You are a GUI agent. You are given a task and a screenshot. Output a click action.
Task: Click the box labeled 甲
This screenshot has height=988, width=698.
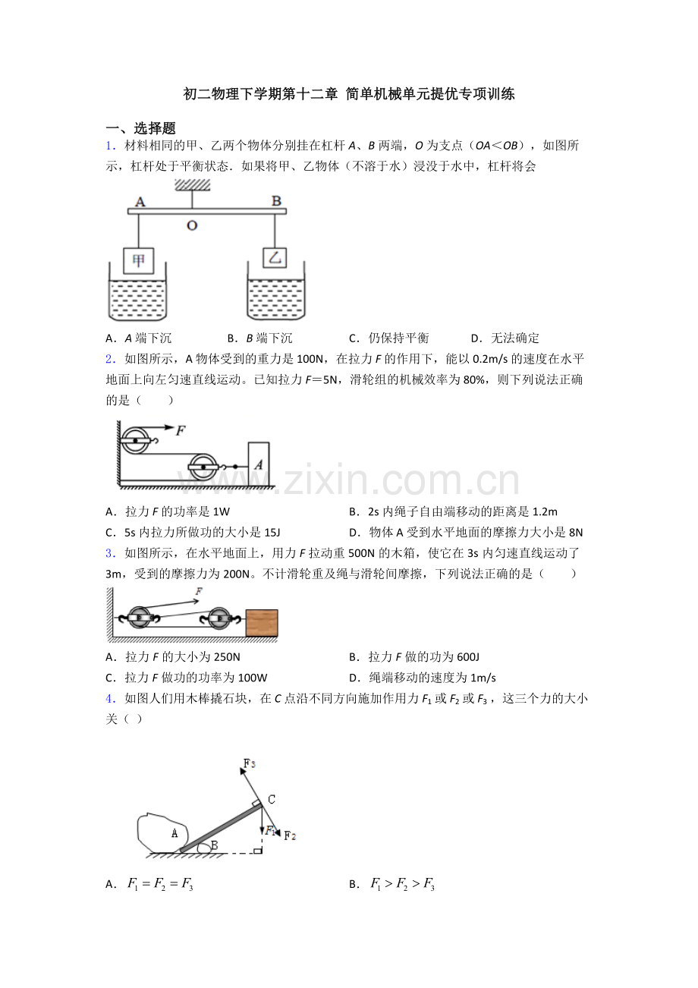point(138,261)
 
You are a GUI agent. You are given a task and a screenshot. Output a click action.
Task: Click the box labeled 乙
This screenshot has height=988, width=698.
point(275,257)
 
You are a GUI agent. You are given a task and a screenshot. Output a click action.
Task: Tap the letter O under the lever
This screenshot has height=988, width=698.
point(192,226)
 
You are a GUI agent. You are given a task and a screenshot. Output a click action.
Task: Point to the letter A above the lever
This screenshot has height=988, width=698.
point(140,202)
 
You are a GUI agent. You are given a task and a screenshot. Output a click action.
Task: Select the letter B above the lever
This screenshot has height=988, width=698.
point(276,201)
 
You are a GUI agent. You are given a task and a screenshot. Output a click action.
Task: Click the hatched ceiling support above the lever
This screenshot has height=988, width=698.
point(192,185)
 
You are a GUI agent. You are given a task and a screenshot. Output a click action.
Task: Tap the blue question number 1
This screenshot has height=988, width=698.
point(110,146)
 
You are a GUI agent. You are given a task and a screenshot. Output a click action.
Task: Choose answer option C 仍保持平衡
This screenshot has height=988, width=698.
point(388,338)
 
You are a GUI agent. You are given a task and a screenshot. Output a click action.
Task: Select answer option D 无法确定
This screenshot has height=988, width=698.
point(505,338)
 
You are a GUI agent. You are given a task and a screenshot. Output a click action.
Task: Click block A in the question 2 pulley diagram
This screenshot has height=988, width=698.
point(259,464)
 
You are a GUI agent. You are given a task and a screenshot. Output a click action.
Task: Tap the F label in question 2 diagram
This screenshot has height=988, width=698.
point(181,430)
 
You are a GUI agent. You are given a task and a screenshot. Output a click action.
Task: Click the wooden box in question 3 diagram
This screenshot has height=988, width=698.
point(262,623)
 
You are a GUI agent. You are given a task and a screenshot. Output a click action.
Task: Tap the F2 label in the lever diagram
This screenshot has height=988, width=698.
point(290,835)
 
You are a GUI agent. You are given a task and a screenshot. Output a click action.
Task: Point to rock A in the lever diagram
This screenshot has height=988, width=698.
point(162,832)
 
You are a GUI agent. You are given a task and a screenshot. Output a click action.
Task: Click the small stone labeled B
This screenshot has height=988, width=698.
point(204,848)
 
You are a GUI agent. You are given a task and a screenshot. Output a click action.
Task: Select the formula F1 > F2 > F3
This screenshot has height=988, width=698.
point(402,884)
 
